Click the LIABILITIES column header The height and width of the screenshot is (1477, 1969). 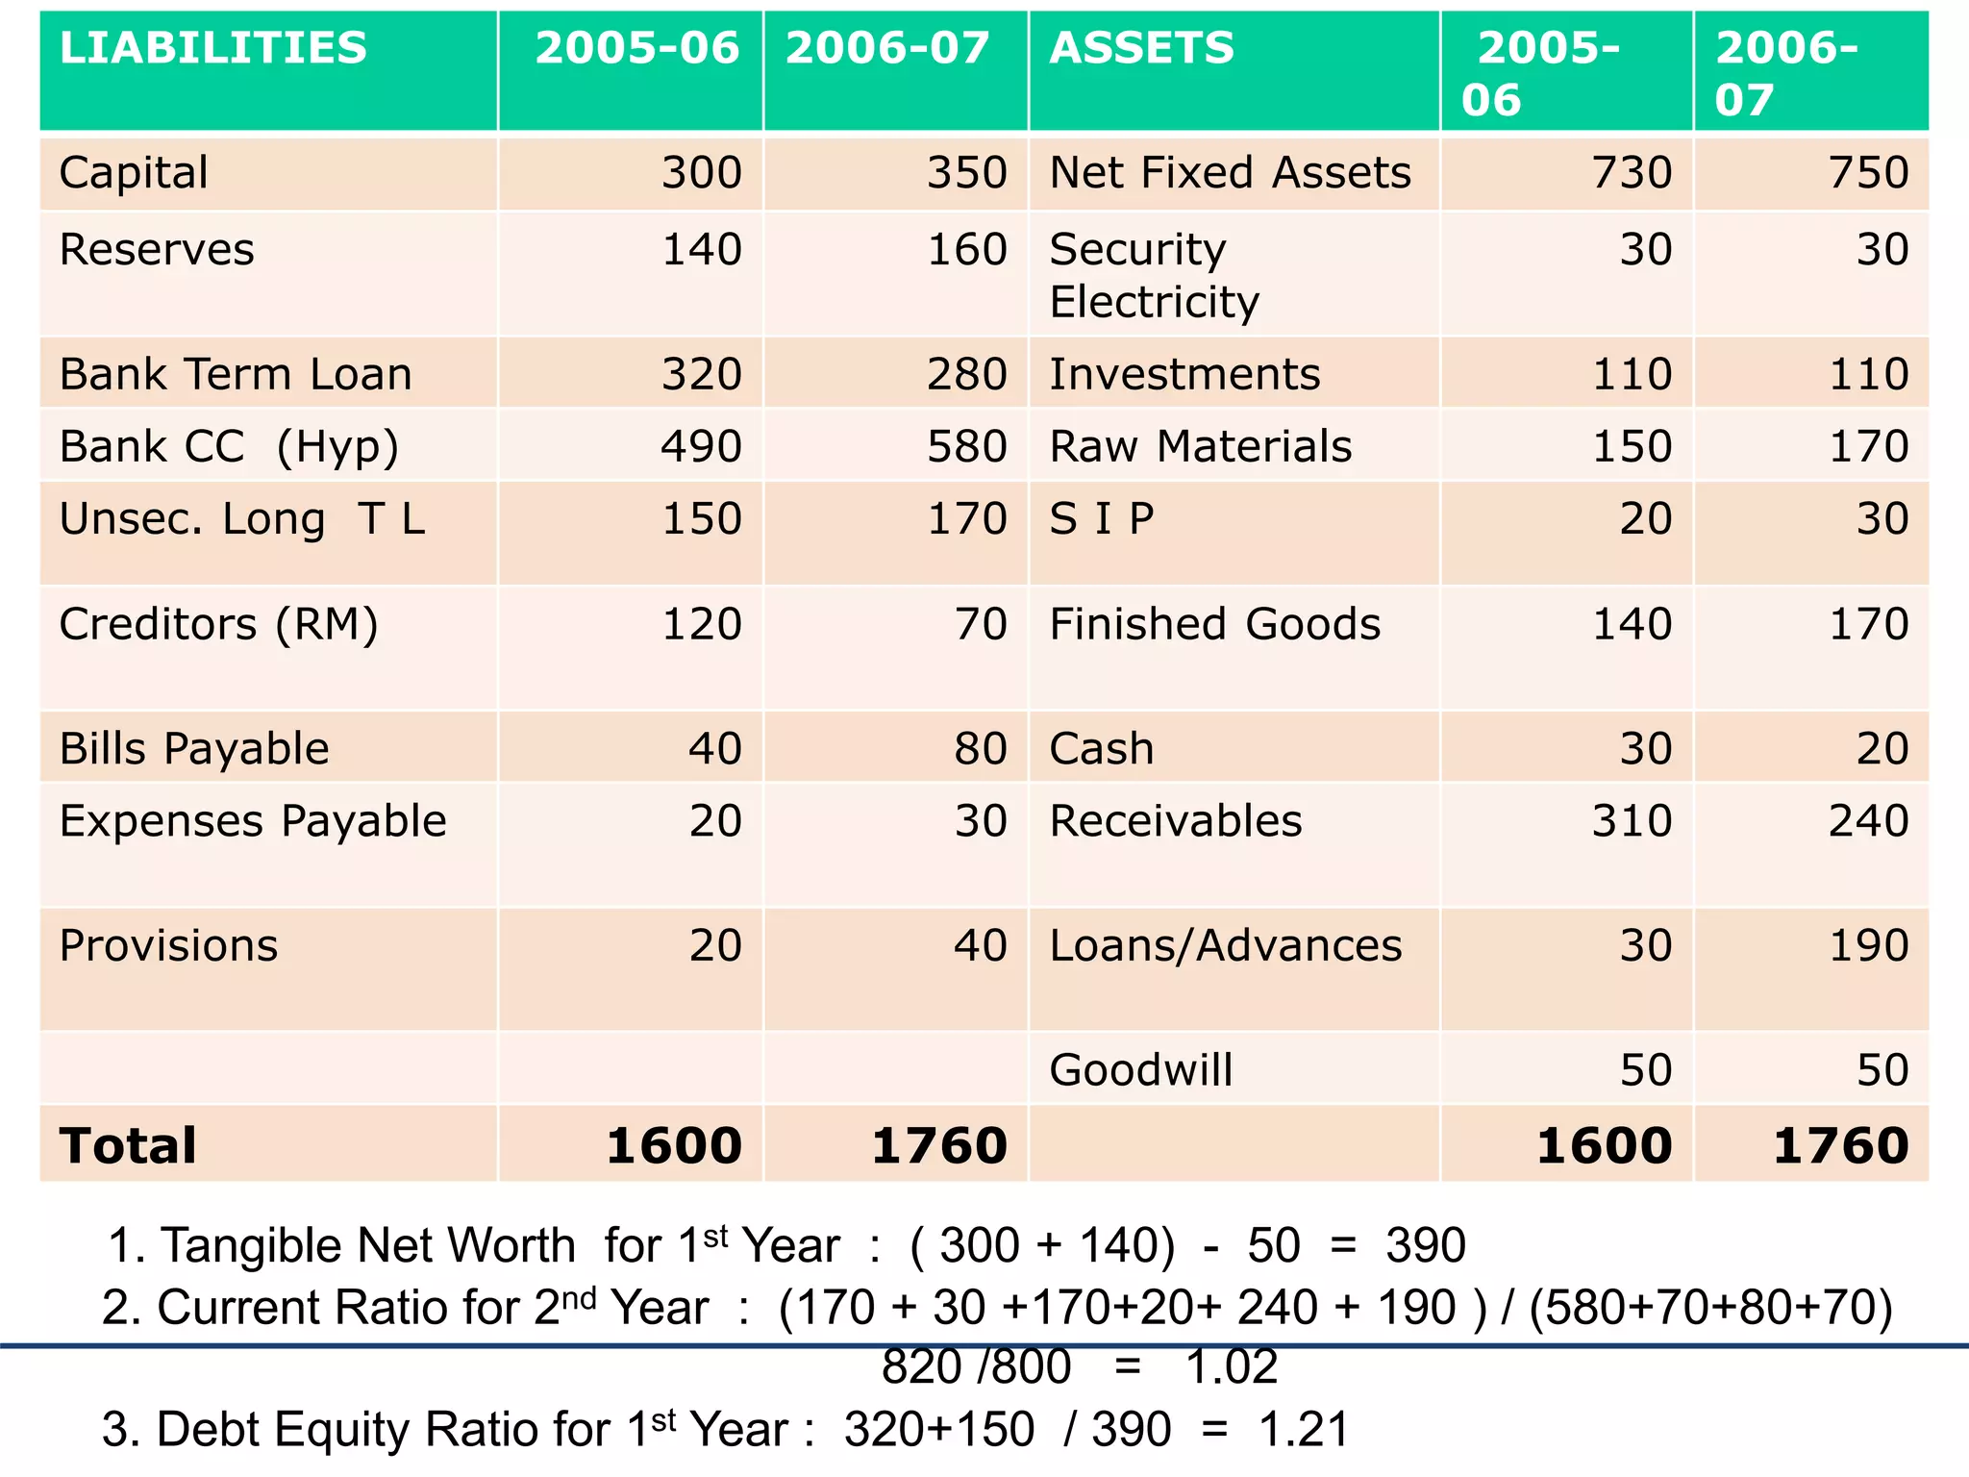click(x=212, y=48)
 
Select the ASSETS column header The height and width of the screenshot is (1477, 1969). click(x=1141, y=48)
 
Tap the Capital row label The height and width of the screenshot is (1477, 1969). click(x=134, y=173)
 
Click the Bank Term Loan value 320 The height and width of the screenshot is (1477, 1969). click(x=701, y=374)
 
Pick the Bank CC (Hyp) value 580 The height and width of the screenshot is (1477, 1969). click(x=966, y=446)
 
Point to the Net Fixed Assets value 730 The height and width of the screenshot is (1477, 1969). click(x=1632, y=173)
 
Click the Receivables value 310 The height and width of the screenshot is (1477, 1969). click(x=1632, y=821)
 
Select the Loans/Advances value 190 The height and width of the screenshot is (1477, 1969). click(x=1868, y=946)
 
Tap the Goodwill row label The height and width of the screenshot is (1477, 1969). click(x=1140, y=1070)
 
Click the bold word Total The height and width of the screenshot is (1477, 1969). click(x=128, y=1145)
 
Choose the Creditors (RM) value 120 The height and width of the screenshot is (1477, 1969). click(x=701, y=624)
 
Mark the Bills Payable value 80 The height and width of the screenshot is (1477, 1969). click(x=980, y=749)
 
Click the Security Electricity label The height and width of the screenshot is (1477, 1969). click(x=1153, y=275)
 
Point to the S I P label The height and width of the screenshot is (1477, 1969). click(x=1101, y=519)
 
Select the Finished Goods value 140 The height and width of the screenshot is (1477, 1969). click(x=1632, y=624)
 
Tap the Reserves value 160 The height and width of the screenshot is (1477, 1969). click(x=966, y=250)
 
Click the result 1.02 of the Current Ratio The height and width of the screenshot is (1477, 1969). click(x=1232, y=1366)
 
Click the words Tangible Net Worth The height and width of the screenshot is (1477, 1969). click(x=367, y=1245)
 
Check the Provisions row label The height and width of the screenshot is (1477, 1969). click(x=168, y=946)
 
